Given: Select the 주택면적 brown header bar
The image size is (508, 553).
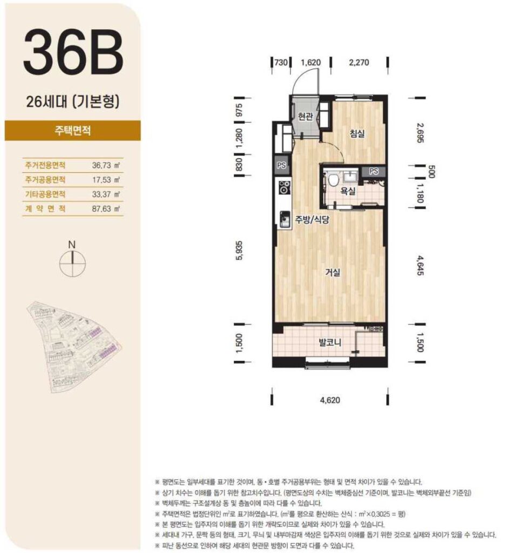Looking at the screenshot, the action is click(x=73, y=130).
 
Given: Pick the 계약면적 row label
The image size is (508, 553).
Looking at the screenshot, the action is click(x=45, y=208).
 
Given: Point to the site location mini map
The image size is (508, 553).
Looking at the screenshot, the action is click(x=74, y=347).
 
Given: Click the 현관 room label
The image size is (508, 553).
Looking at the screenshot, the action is click(x=306, y=117).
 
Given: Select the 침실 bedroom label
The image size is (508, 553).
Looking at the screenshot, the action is click(x=357, y=134).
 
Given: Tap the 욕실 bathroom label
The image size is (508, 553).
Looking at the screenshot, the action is click(x=348, y=191).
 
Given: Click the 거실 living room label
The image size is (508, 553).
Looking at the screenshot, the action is click(x=333, y=272).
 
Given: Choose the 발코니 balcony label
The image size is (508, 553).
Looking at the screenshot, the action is click(x=330, y=342).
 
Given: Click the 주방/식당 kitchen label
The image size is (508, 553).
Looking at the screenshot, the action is click(x=311, y=220).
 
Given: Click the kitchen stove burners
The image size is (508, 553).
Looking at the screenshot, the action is click(x=284, y=187).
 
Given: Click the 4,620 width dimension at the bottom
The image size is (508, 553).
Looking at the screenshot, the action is click(x=330, y=400).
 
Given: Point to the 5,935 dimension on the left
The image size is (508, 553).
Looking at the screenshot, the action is click(x=239, y=251).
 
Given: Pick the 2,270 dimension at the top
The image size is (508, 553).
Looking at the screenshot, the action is click(x=359, y=63).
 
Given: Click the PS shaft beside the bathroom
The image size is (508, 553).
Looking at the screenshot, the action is click(x=374, y=171).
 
